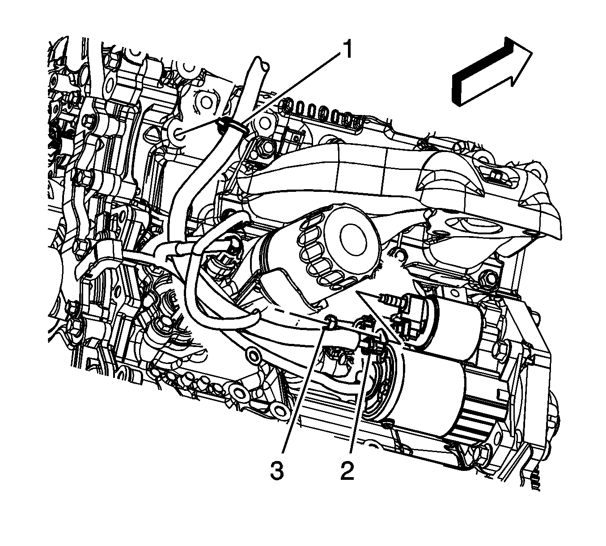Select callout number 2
pyautogui.click(x=347, y=470)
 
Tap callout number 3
pyautogui.click(x=276, y=470)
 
